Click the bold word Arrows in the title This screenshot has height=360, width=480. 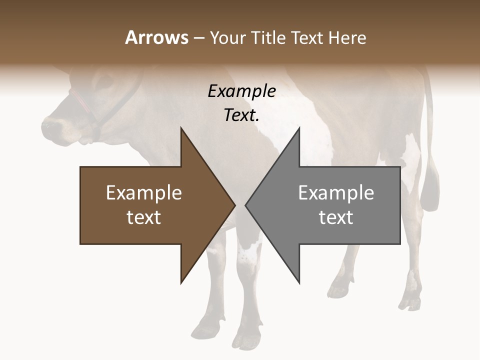point(156,37)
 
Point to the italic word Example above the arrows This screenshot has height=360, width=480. point(241,91)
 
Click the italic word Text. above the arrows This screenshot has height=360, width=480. point(241,115)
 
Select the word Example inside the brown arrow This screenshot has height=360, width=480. point(144,193)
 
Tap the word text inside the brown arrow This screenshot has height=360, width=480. point(144,217)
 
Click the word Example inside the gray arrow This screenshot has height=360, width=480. point(336,193)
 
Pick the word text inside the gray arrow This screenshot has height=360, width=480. point(336,217)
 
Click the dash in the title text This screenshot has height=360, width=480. point(198,38)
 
